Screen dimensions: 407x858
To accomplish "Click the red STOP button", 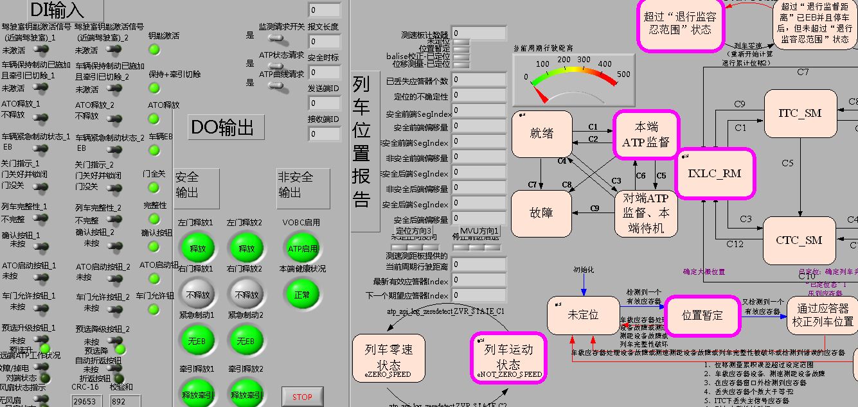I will click(302, 397).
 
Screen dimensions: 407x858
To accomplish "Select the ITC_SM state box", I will click(800, 114).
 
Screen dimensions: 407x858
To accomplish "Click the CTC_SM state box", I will click(800, 241).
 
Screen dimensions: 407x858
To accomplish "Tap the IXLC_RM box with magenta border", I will click(715, 173).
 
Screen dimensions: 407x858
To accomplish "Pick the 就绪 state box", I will click(542, 134).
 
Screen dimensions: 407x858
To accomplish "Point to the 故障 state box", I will click(541, 213).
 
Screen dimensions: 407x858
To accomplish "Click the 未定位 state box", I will click(583, 315).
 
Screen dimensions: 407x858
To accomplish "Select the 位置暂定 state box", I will click(702, 315).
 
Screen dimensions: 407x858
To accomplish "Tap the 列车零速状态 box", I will click(389, 358).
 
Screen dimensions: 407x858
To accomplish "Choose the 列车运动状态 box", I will click(508, 358).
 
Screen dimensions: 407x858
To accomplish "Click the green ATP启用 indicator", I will click(302, 248).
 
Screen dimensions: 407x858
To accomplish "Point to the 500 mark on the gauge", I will click(623, 74).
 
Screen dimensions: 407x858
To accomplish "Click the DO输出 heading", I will click(226, 127).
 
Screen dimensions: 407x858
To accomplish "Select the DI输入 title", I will click(57, 10).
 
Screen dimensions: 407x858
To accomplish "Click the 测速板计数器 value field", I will click(479, 33).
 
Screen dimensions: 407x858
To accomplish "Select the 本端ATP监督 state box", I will click(645, 134).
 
